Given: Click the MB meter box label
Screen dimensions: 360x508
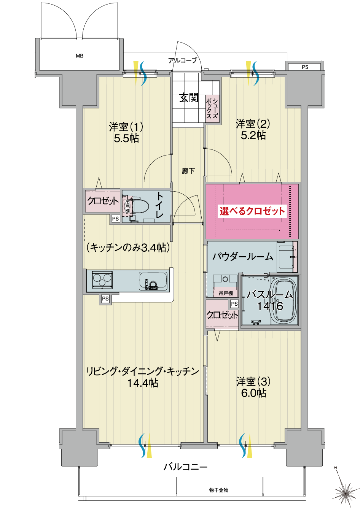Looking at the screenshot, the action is point(80,56).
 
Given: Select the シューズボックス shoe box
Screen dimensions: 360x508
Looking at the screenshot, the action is point(212,109).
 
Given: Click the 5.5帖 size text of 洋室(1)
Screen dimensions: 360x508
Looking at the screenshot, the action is point(126,138).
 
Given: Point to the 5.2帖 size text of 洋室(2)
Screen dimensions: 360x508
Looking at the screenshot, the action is point(253,135).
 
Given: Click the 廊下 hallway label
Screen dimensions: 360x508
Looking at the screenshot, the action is point(188,171).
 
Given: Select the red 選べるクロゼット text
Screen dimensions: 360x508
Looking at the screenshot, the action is point(252,211).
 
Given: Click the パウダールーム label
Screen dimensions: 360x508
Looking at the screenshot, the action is point(243,257).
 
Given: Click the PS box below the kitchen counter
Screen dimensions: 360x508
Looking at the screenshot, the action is point(105,298).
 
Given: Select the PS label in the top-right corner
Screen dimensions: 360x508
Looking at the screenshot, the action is point(305,67).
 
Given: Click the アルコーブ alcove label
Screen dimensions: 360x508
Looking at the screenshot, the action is point(182,60).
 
